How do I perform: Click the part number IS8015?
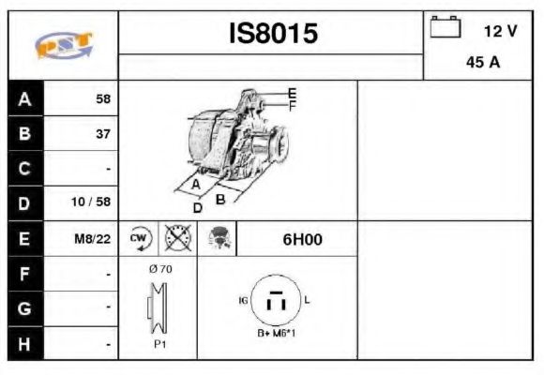click(273, 34)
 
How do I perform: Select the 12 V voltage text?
click(499, 31)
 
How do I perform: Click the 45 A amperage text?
click(482, 64)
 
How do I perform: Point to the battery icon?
click(445, 28)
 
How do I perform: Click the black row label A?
click(24, 98)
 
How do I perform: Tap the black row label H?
click(24, 344)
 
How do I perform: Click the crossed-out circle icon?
click(177, 239)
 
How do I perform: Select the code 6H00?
click(301, 239)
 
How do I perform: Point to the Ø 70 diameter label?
click(159, 269)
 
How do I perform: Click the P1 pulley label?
click(159, 344)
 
